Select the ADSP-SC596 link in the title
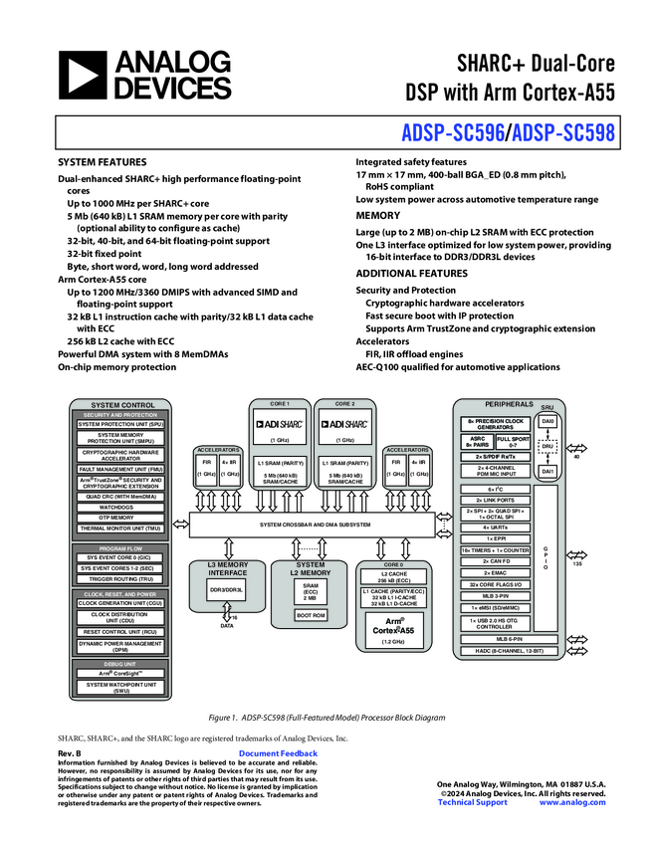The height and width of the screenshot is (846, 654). tap(453, 130)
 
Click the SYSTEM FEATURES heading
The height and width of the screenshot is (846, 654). tap(103, 161)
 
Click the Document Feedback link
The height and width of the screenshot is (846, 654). tap(279, 753)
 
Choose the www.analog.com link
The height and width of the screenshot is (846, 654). tap(572, 802)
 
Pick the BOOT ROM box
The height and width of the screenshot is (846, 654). tap(311, 616)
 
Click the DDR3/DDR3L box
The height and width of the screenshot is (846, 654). tap(226, 590)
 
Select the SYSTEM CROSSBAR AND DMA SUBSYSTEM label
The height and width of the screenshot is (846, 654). tap(315, 525)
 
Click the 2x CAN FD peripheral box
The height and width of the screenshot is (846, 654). tap(495, 561)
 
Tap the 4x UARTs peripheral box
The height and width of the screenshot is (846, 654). tap(495, 528)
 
